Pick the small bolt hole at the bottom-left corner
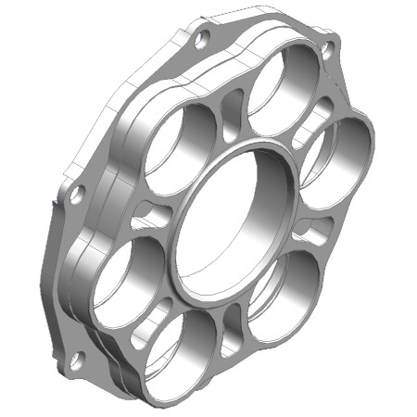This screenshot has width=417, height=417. coord(78,357)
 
